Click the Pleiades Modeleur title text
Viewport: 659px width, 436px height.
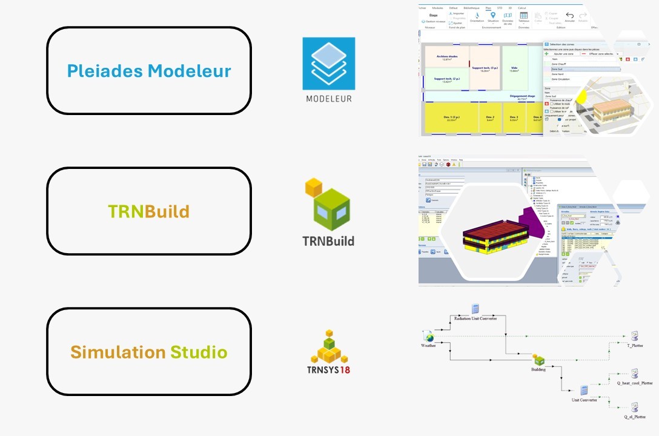click(149, 71)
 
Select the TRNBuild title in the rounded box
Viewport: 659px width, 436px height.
click(149, 211)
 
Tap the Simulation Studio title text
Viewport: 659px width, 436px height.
click(149, 352)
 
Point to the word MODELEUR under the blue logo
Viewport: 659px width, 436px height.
click(329, 98)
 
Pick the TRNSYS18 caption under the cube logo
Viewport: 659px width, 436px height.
click(328, 371)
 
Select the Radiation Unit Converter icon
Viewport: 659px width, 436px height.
click(475, 308)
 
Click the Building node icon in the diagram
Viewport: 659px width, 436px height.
click(538, 360)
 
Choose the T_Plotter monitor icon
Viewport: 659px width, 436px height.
click(634, 336)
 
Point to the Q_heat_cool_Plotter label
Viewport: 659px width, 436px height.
click(634, 383)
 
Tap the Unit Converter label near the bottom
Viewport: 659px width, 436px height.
click(584, 400)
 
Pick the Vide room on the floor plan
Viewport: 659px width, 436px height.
click(514, 69)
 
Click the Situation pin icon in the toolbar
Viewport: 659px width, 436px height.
click(492, 15)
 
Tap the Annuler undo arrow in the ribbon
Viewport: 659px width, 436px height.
click(569, 15)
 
